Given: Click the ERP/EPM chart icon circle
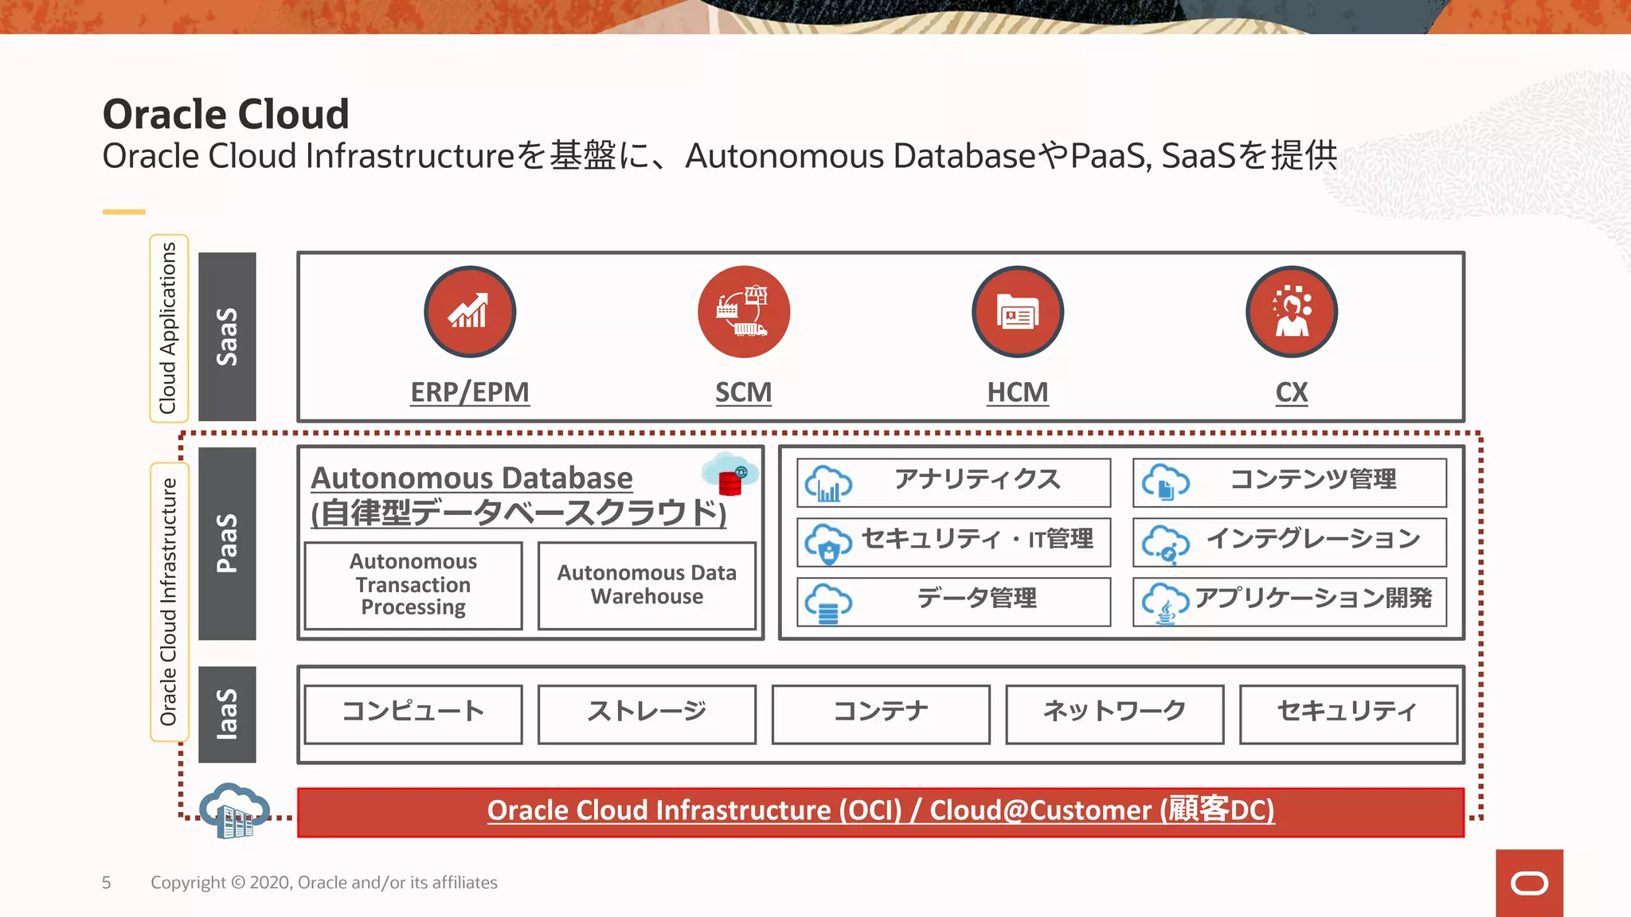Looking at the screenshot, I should (x=470, y=311).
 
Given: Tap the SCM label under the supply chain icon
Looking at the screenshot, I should (x=743, y=392).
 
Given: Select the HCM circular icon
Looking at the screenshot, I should (x=1017, y=311).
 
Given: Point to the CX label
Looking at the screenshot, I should (x=1291, y=392).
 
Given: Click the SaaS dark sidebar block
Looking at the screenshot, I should (x=227, y=336).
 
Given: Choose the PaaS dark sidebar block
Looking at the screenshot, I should (x=227, y=543).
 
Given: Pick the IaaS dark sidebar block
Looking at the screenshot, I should (x=227, y=714).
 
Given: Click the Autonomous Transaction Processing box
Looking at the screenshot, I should (x=413, y=585).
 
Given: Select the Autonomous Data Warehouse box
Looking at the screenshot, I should (x=647, y=585).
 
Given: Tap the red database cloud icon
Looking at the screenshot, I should (x=730, y=476).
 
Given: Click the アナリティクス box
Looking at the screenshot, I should (x=953, y=482).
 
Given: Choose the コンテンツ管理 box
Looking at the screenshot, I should (x=1289, y=482).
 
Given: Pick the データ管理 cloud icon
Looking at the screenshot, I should (x=828, y=603).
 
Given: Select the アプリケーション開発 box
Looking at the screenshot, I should (x=1289, y=601).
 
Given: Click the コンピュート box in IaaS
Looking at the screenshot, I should (x=413, y=714).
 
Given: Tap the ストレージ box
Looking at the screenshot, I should (x=647, y=714).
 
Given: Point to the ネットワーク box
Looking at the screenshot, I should (x=1114, y=714).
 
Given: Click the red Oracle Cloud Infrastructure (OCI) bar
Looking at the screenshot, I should (x=880, y=812).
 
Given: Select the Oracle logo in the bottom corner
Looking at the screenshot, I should (x=1529, y=883).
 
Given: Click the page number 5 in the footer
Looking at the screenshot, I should (x=106, y=883).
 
